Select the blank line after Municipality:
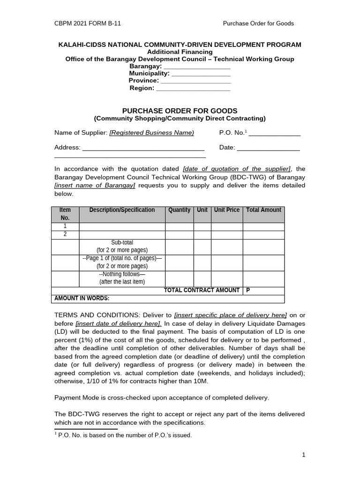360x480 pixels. coord(201,74)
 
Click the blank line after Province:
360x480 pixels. coord(196,81)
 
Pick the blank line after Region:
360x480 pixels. coord(193,88)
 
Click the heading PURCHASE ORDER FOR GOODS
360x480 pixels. coord(180,111)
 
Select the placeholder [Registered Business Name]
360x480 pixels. coord(151,133)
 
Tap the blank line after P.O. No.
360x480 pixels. coord(274,133)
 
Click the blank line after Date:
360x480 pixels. coord(268,148)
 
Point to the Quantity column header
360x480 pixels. coord(179,210)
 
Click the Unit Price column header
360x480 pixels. coord(226,210)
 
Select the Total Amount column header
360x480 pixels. coord(263,210)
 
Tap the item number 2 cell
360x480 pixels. coord(65,234)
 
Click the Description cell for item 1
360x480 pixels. coord(122,227)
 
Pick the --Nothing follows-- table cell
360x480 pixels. coord(122,278)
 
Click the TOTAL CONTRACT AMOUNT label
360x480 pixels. coord(202,290)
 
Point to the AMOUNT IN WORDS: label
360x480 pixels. coord(82,298)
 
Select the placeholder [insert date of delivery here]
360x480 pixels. coord(119,323)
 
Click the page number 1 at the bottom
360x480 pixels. coord(303,455)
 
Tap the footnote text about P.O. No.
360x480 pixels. coord(124,435)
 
